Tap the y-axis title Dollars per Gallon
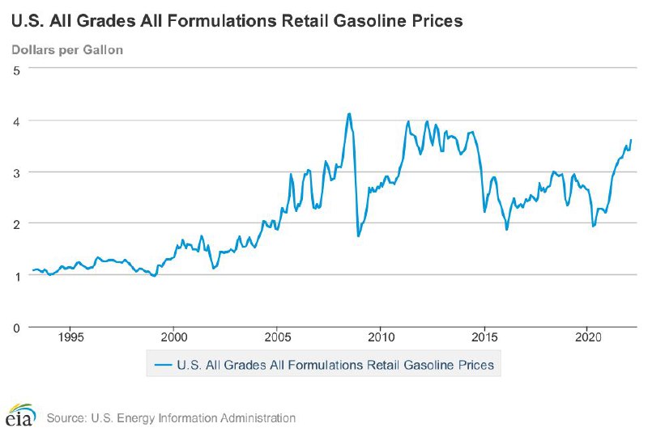pyautogui.click(x=66, y=50)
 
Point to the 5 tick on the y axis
pyautogui.click(x=15, y=69)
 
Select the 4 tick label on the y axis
pyautogui.click(x=15, y=121)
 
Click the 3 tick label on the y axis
pyautogui.click(x=15, y=172)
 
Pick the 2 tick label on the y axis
pyautogui.click(x=15, y=223)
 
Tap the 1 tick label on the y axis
pyautogui.click(x=15, y=275)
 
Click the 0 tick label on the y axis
pyautogui.click(x=15, y=327)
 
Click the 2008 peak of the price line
pyautogui.click(x=349, y=113)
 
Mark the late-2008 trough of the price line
pyautogui.click(x=358, y=235)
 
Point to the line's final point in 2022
pyautogui.click(x=631, y=140)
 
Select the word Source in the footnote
pyautogui.click(x=66, y=418)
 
